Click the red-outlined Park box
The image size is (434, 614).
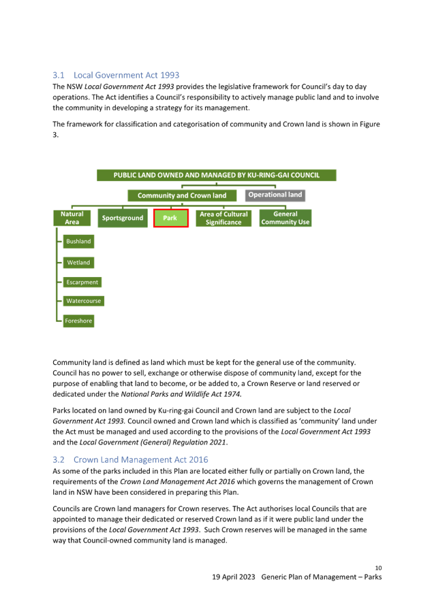click(x=170, y=218)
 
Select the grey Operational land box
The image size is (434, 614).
click(x=275, y=195)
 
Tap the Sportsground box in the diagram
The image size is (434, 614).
click(x=123, y=218)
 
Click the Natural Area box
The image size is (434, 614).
click(x=72, y=218)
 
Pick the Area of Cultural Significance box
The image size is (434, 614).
click(x=223, y=218)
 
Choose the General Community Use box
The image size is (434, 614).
click(x=285, y=218)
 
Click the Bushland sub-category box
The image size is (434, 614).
click(x=78, y=242)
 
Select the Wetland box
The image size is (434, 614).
click(x=78, y=263)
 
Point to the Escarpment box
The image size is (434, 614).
click(x=82, y=282)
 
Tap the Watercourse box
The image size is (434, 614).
click(x=84, y=301)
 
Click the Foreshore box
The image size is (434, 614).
click(x=78, y=321)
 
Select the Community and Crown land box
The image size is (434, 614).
click(x=182, y=195)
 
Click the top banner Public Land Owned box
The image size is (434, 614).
click(x=217, y=175)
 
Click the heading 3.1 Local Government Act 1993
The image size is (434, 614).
click(x=116, y=75)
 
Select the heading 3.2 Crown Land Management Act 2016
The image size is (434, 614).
click(x=131, y=459)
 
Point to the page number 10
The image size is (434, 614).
click(x=378, y=568)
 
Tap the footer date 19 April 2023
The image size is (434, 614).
click(x=234, y=577)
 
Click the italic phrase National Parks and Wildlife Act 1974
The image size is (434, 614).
click(x=181, y=394)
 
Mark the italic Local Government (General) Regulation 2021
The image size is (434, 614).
click(x=153, y=442)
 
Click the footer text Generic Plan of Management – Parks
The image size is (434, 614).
click(x=322, y=577)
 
